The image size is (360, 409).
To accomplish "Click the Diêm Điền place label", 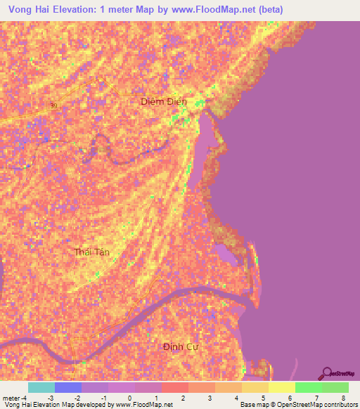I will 164,102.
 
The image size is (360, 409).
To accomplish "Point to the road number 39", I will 54,105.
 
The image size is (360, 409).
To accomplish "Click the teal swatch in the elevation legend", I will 41,387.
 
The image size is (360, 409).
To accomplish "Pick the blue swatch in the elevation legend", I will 68,387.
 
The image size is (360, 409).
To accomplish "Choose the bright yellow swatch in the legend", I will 282,387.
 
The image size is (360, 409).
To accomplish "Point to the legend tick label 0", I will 130,398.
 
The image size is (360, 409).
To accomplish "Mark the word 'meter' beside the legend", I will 11,398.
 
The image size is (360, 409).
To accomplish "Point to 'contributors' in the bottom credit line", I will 336,405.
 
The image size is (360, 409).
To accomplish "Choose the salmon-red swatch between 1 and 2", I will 175,387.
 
